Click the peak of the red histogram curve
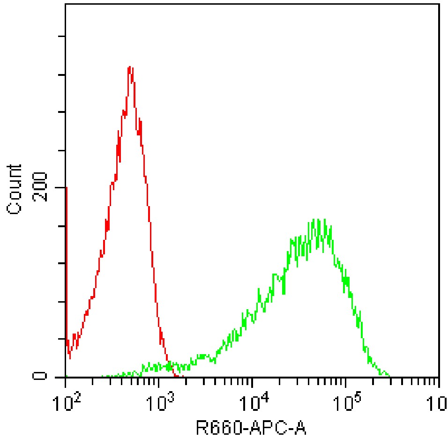click(130, 67)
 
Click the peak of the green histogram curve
click(319, 219)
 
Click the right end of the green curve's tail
click(389, 376)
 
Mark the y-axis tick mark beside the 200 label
click(61, 188)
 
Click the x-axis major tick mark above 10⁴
click(253, 382)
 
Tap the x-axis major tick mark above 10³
click(159, 382)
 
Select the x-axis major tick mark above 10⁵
click(346, 382)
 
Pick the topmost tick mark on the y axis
click(61, 37)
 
